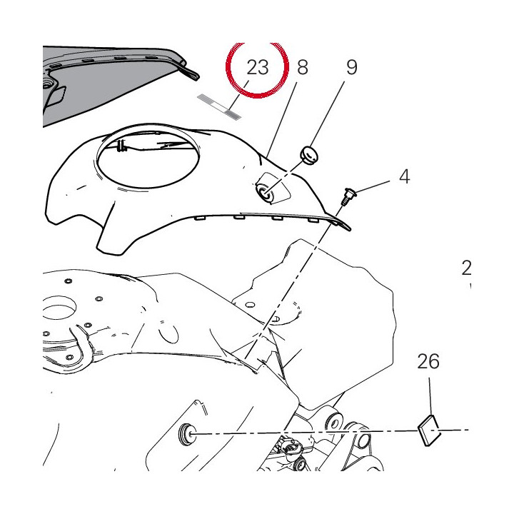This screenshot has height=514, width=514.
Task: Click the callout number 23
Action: point(257,67)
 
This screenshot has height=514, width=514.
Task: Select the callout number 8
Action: point(302,67)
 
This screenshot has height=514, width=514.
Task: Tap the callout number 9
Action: point(351,67)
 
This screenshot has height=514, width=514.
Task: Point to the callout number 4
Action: point(405,176)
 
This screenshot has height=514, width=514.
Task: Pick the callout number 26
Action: point(428,361)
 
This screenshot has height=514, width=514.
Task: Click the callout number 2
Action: point(466,268)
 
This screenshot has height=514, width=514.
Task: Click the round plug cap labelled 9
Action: point(309,156)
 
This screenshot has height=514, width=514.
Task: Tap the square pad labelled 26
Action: point(429,430)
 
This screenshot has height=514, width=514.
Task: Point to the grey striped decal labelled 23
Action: point(219,106)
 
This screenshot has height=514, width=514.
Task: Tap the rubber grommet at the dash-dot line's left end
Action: point(186,434)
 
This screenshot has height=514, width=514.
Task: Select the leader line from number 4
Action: point(371,186)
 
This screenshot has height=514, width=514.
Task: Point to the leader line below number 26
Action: point(431,396)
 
